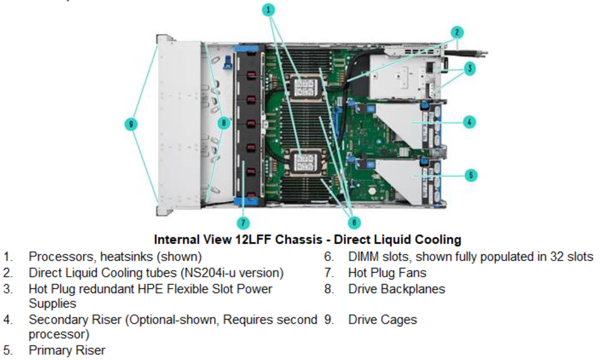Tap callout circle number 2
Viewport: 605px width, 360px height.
click(x=457, y=32)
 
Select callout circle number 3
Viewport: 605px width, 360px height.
click(x=469, y=69)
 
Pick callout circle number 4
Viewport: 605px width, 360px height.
click(x=469, y=122)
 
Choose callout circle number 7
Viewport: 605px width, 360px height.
click(x=244, y=222)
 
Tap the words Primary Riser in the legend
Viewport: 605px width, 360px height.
click(x=66, y=350)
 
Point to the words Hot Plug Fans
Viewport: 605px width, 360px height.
click(x=387, y=273)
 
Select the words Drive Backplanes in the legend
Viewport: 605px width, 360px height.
click(x=397, y=289)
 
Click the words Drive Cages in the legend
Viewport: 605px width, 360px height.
click(x=382, y=320)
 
